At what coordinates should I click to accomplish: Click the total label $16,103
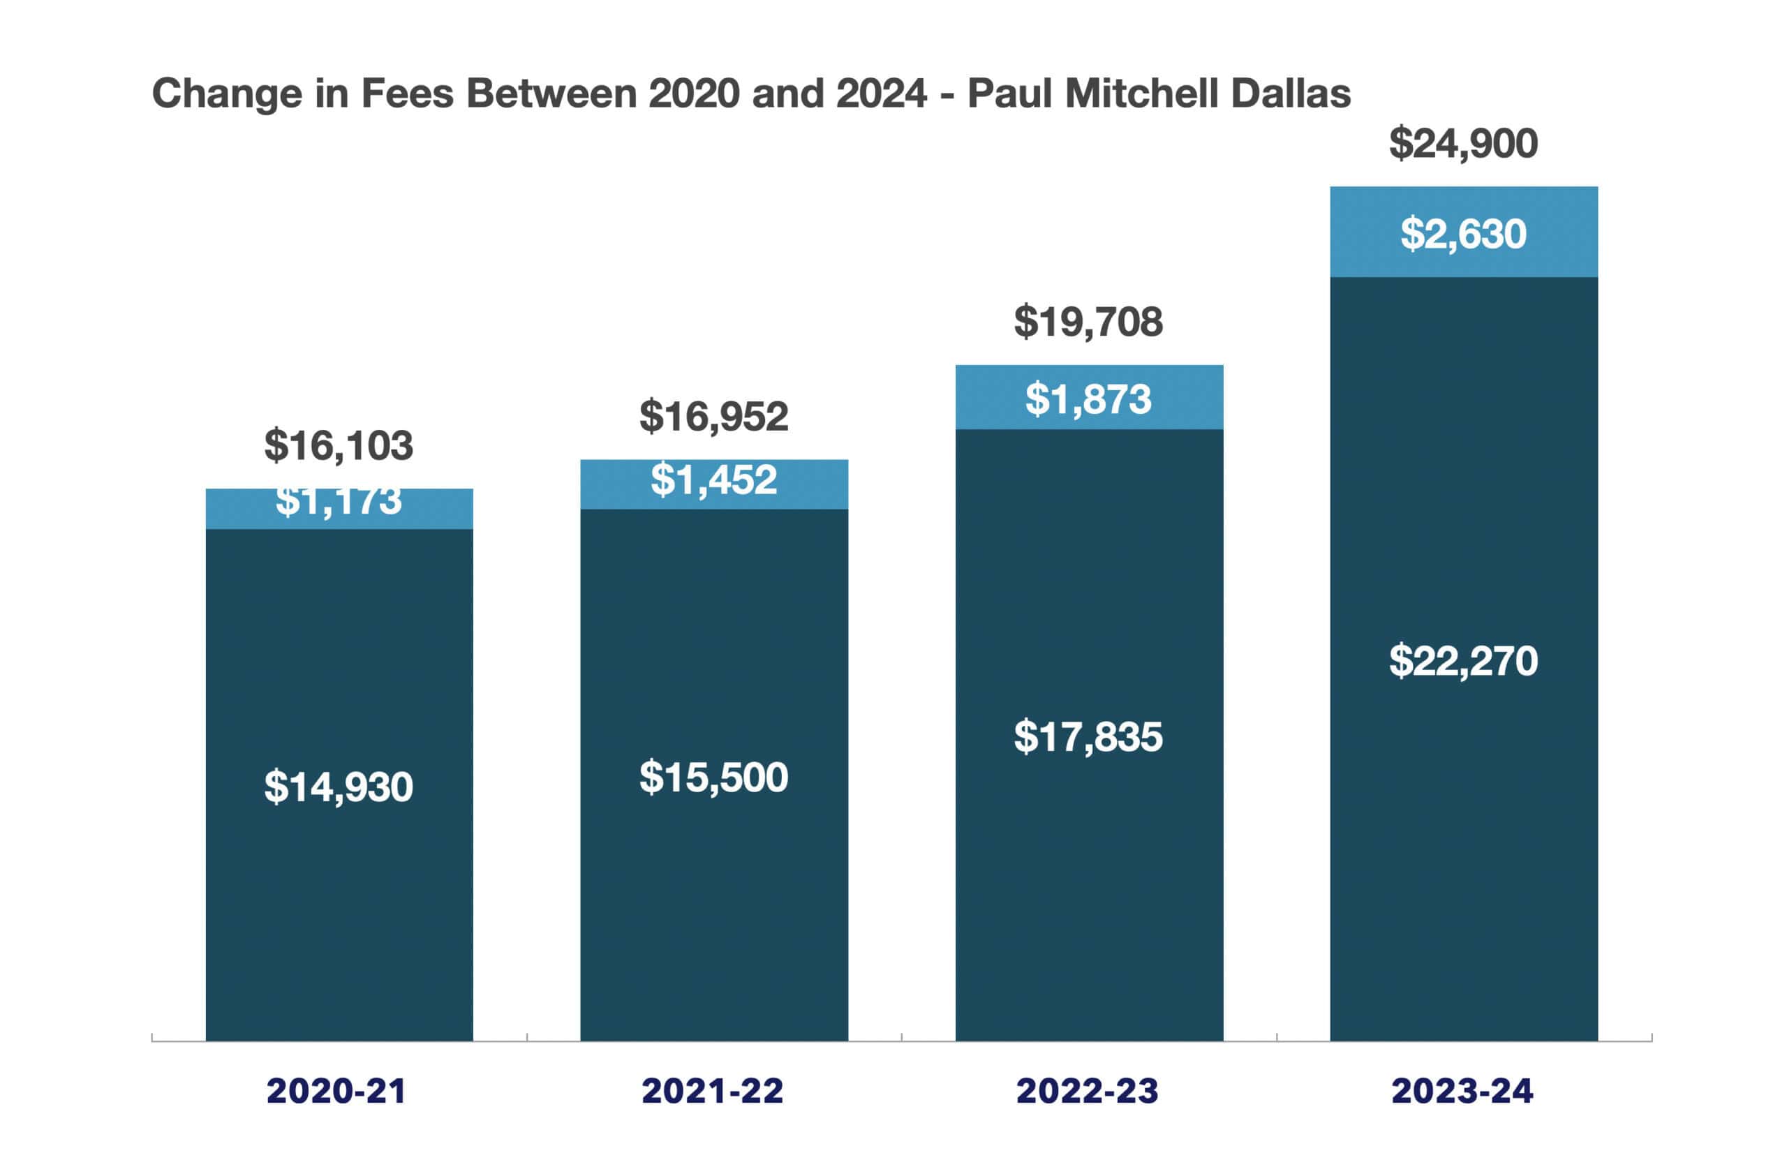(x=339, y=445)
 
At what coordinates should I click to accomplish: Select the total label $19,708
(x=1088, y=322)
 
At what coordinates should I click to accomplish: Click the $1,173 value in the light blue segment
(x=339, y=502)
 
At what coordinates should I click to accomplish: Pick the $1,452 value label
(x=713, y=480)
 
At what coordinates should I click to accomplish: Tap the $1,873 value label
(x=1088, y=399)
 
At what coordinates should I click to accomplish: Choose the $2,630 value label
(x=1463, y=234)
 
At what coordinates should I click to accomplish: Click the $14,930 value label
(x=339, y=787)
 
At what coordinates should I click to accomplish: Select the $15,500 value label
(x=713, y=777)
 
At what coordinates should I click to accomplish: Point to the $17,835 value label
(x=1088, y=737)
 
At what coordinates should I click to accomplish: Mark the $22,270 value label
(x=1463, y=661)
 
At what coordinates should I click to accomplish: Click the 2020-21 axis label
(x=336, y=1091)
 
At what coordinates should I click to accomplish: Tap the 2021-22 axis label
(x=712, y=1091)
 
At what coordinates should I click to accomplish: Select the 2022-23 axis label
(x=1087, y=1091)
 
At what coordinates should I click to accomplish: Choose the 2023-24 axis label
(x=1462, y=1091)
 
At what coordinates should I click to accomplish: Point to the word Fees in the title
(x=407, y=94)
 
